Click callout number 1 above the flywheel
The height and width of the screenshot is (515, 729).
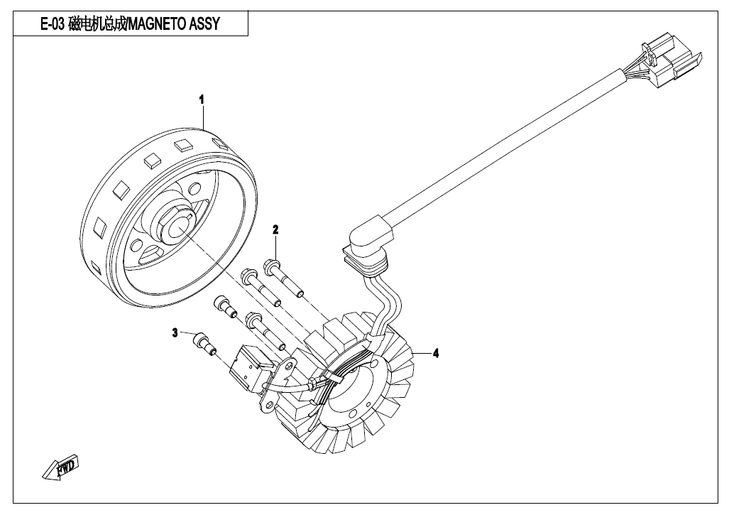(x=202, y=99)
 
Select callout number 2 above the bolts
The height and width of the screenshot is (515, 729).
(x=275, y=229)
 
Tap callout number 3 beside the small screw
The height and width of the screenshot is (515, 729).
(x=175, y=332)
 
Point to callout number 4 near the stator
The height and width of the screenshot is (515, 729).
(x=435, y=354)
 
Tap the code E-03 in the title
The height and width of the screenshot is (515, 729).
(x=53, y=23)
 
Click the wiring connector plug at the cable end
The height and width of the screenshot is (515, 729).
(x=669, y=60)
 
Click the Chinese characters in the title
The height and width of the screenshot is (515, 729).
(x=97, y=23)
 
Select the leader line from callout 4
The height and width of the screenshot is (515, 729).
(x=422, y=354)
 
